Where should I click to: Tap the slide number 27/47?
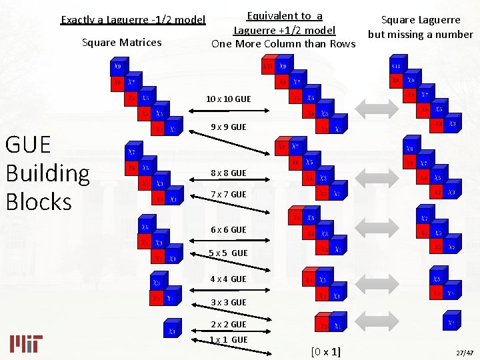tap(463, 352)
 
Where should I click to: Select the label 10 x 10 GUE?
tap(228, 99)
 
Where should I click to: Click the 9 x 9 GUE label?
tap(228, 127)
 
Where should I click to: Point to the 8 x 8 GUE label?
tap(228, 173)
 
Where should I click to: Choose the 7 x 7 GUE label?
tap(228, 195)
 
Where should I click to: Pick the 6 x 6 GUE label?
tap(228, 230)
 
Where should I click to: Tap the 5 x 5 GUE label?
tap(228, 253)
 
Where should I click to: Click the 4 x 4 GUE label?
tap(228, 279)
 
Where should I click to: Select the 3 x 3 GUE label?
tap(228, 303)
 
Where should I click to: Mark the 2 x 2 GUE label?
tap(228, 325)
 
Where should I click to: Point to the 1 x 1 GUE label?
tap(228, 340)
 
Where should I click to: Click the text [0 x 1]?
tap(325, 351)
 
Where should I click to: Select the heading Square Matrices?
tap(121, 43)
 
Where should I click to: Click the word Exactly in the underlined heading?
tap(79, 20)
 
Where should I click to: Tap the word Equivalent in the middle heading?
tap(272, 16)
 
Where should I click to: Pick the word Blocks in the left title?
tap(39, 201)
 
